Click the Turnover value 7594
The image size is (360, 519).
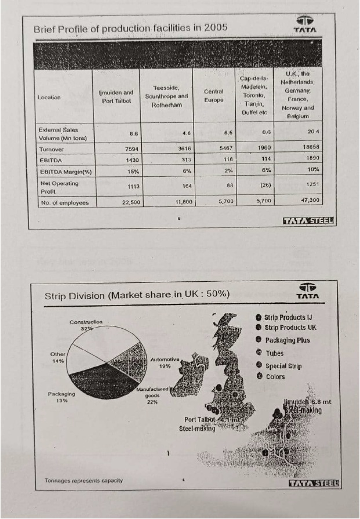(130, 149)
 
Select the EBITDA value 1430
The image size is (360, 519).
(130, 159)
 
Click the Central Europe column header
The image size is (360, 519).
(214, 96)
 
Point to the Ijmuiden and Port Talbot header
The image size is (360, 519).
(117, 96)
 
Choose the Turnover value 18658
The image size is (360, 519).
(311, 149)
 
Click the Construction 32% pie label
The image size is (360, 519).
(86, 324)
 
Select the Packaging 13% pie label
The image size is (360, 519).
(61, 397)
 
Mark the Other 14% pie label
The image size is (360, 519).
(59, 357)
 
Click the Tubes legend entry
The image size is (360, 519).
(274, 353)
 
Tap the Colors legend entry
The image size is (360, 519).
(275, 377)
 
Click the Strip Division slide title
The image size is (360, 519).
(137, 296)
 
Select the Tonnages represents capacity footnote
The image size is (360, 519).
(83, 481)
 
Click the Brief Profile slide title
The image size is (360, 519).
(130, 27)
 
